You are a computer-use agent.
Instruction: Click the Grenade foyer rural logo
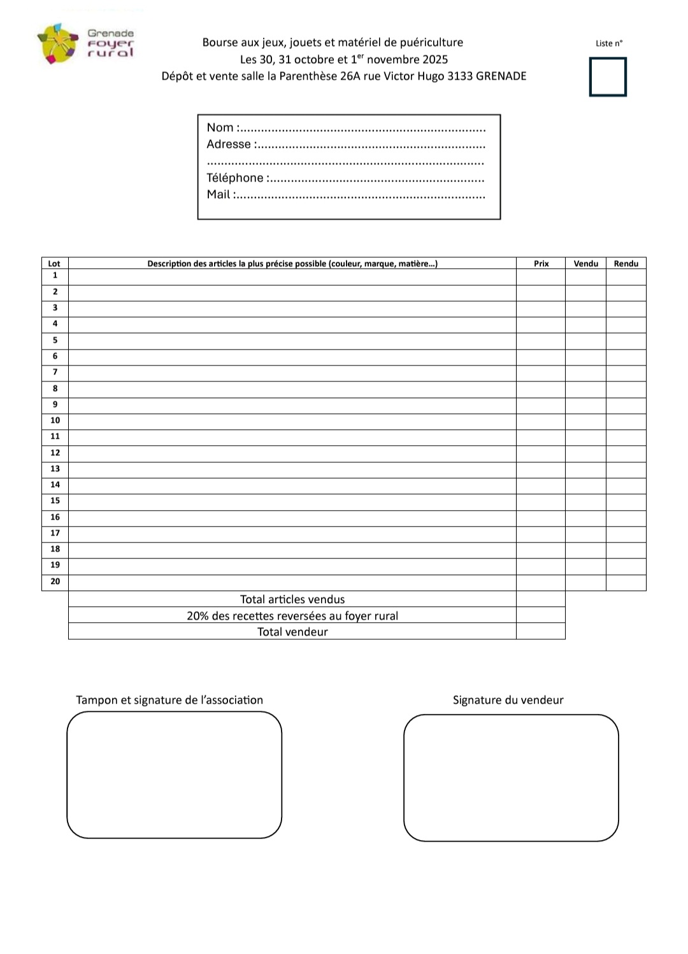(x=85, y=43)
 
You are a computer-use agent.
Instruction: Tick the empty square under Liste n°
(x=608, y=76)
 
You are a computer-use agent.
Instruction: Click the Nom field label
(x=220, y=127)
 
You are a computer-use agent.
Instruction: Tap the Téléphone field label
(x=235, y=178)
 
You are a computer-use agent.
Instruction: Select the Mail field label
(x=219, y=194)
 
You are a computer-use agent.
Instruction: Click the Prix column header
(x=541, y=264)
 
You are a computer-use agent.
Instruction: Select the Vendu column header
(x=585, y=264)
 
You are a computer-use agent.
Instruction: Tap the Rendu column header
(x=626, y=264)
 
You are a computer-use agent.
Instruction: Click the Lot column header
(x=54, y=264)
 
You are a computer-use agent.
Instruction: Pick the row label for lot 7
(x=55, y=372)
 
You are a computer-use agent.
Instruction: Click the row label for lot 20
(x=55, y=581)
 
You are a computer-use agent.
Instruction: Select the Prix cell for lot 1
(x=540, y=276)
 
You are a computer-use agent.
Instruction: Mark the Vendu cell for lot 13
(x=585, y=469)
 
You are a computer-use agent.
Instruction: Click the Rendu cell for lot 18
(x=626, y=550)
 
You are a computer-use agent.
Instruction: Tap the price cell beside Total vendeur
(x=540, y=632)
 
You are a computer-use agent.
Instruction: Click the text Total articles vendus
(x=292, y=599)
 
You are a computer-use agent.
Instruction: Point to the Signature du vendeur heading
(x=508, y=700)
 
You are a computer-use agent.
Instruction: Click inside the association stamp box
(x=174, y=774)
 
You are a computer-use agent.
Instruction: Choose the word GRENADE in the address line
(x=501, y=76)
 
